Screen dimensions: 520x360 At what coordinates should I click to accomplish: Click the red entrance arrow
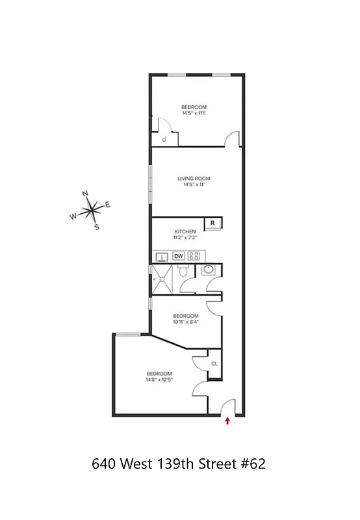(227, 421)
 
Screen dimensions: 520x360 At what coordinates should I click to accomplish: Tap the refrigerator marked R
(212, 224)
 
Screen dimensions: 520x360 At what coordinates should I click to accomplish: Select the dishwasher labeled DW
(178, 255)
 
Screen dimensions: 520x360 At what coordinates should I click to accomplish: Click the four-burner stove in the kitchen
(194, 255)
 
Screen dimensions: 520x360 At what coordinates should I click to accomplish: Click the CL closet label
(214, 363)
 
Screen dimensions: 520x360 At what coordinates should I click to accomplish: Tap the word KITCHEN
(185, 231)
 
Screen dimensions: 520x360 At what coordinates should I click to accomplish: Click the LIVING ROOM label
(194, 178)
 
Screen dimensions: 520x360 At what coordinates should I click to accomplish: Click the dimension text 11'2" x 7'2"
(185, 238)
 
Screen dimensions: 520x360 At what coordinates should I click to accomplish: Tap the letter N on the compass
(85, 194)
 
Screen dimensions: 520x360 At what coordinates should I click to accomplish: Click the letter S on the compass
(97, 227)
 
